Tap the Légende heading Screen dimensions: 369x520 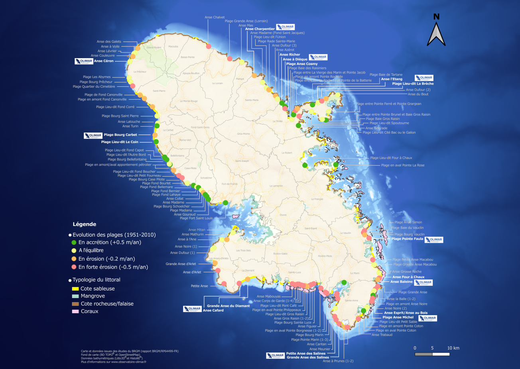click(x=84, y=224)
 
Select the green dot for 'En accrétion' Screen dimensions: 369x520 click(x=74, y=242)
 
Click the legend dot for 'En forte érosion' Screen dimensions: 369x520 click(x=74, y=267)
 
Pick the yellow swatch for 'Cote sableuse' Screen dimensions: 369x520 click(x=75, y=289)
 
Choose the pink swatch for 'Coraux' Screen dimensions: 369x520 click(x=75, y=311)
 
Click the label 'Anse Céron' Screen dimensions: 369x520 click(x=104, y=61)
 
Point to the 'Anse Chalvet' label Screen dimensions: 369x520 click(x=215, y=17)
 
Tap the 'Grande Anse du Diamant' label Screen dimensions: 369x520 click(x=228, y=306)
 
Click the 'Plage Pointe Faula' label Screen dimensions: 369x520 click(x=407, y=239)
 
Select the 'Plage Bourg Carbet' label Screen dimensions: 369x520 click(x=120, y=135)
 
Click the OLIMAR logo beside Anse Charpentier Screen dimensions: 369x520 click(x=286, y=27)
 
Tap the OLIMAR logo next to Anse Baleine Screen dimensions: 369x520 click(x=423, y=283)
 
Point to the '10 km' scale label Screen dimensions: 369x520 click(x=453, y=348)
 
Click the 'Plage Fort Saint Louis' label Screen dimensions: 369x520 click(x=196, y=218)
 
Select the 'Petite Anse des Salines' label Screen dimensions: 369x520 click(x=306, y=353)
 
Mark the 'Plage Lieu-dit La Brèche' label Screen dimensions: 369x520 click(x=413, y=84)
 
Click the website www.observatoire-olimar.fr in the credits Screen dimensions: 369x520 click(x=130, y=362)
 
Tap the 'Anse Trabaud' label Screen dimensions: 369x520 click(x=382, y=335)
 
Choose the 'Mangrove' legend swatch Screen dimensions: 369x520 click(x=75, y=296)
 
